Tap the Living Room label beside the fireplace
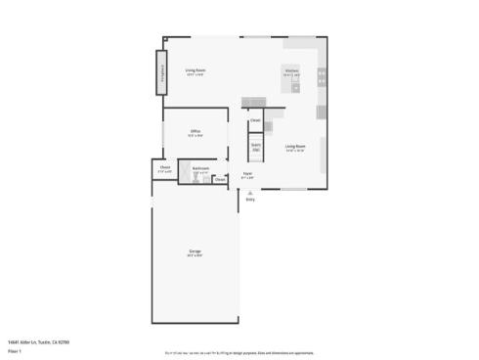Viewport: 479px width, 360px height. tap(196, 70)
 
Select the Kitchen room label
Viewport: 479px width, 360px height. tap(291, 71)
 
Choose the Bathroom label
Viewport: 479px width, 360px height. tap(200, 169)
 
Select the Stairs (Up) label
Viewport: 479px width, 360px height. tap(256, 147)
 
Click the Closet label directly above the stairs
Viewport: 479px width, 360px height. tap(255, 120)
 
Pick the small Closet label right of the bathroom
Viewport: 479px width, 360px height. tap(220, 179)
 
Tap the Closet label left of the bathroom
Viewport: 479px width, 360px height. tap(165, 168)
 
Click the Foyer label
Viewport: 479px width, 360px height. tap(248, 175)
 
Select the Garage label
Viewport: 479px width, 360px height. tap(196, 252)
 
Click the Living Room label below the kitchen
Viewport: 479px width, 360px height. tap(295, 147)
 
